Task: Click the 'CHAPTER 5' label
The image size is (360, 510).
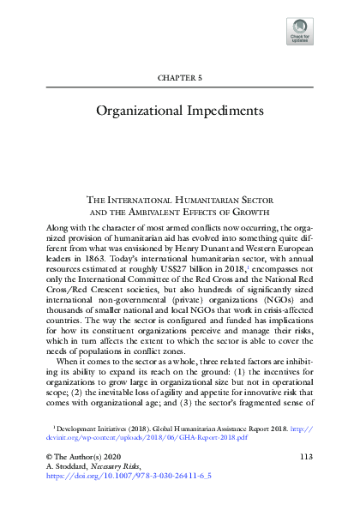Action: coord(179,77)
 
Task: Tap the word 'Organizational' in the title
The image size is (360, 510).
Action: coord(147,111)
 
